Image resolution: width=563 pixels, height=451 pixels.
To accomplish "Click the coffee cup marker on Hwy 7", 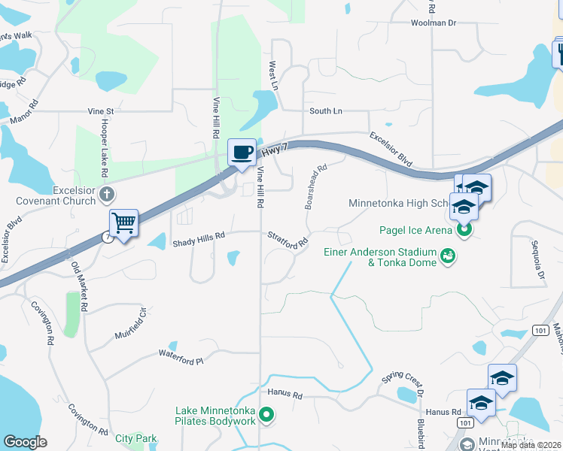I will click(242, 153).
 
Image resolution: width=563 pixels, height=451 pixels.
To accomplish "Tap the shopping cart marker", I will click(123, 222).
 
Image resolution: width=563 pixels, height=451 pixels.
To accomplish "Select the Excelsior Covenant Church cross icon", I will click(107, 195).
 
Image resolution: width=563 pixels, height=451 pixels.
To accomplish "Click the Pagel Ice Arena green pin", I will click(464, 229).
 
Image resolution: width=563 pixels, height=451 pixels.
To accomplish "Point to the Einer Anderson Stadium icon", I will click(447, 256).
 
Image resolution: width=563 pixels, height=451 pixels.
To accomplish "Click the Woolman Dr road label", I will click(434, 23).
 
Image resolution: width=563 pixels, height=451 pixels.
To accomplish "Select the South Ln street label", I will click(326, 111).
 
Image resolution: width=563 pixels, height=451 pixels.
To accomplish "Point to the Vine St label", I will click(100, 111).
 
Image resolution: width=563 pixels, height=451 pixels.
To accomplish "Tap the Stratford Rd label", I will click(288, 241).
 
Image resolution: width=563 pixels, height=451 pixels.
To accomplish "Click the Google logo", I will click(25, 442).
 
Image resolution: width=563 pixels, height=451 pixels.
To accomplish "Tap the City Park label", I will click(136, 438).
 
